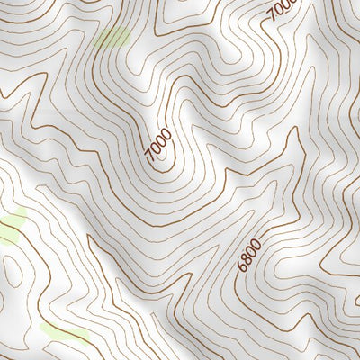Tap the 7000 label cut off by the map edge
[282, 11]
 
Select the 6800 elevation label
[250, 255]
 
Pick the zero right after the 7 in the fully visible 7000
[153, 149]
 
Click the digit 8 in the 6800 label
[248, 259]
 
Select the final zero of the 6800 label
[256, 243]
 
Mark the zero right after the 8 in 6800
[252, 251]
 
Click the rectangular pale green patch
[114, 37]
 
